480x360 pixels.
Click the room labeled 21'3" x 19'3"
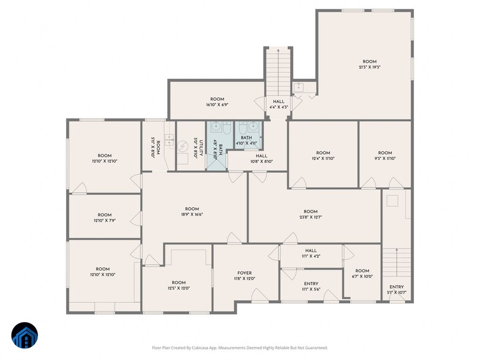click(369, 64)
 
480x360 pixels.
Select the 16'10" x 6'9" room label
click(217, 102)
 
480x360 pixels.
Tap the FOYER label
click(244, 276)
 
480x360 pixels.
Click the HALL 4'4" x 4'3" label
click(279, 104)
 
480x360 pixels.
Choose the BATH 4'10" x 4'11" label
click(246, 140)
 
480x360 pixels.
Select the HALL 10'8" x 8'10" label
click(261, 159)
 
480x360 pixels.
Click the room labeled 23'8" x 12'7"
click(310, 214)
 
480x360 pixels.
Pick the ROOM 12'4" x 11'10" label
click(323, 156)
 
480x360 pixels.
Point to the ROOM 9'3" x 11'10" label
click(384, 156)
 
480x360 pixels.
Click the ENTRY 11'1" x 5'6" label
click(311, 287)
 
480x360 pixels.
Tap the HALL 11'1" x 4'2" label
click(311, 253)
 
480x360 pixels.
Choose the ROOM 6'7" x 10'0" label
click(362, 274)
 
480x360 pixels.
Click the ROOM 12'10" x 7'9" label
click(104, 217)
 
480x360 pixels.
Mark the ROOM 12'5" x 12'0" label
click(178, 285)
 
